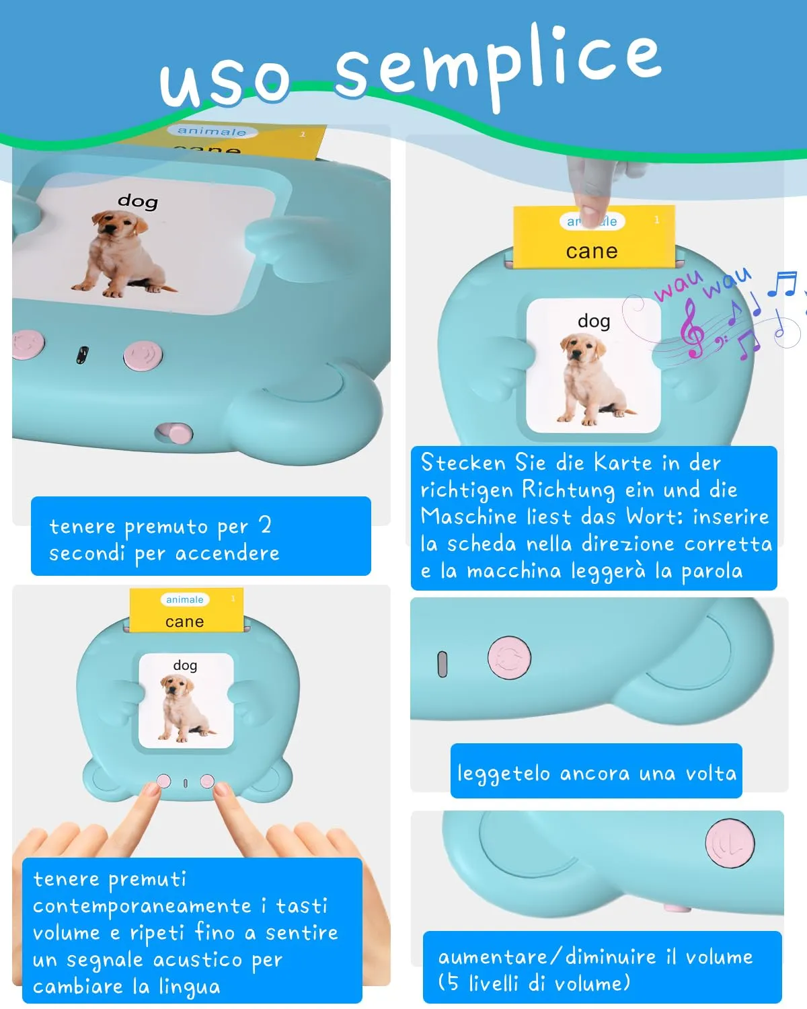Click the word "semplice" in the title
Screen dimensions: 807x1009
pos(498,66)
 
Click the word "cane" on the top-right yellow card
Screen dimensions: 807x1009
pos(592,252)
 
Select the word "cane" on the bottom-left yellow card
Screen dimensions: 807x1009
pos(184,622)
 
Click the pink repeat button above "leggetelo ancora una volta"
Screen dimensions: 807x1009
pos(509,657)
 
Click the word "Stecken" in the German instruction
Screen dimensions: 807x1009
pos(463,463)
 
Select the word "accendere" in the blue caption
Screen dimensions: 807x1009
pos(227,554)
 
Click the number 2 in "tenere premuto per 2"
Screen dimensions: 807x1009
pos(266,525)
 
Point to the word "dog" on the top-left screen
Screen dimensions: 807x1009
pos(138,201)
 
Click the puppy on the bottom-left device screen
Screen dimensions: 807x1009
pos(185,708)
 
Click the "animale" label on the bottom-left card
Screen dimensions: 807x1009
pos(185,599)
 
